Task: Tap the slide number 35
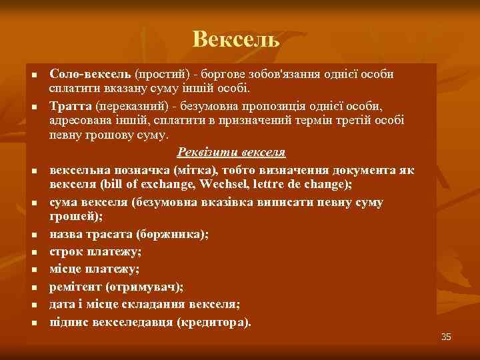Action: coord(446,337)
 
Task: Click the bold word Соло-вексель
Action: coord(91,75)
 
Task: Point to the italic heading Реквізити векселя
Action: coord(231,153)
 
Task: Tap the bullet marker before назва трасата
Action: coord(33,235)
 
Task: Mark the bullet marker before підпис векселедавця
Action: coord(33,323)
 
